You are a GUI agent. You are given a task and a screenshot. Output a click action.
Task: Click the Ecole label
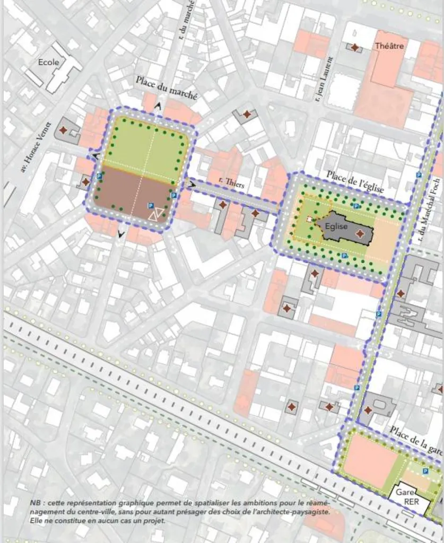point(49,63)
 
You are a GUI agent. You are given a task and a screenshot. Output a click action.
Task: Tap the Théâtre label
point(389,46)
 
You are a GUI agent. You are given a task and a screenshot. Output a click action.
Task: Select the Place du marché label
point(166,87)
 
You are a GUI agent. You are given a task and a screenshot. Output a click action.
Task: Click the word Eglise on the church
point(336,226)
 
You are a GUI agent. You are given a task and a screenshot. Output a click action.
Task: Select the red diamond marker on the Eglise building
point(360,234)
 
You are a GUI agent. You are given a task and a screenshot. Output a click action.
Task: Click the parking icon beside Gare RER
point(424,471)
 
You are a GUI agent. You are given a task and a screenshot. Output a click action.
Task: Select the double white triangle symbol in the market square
point(155,214)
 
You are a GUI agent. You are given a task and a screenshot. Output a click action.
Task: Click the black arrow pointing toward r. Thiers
point(190,184)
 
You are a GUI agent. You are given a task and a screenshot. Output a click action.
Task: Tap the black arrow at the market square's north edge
point(158,106)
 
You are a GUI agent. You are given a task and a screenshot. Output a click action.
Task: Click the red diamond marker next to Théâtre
point(355,48)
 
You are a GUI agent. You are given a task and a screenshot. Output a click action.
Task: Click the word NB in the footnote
point(35,502)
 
